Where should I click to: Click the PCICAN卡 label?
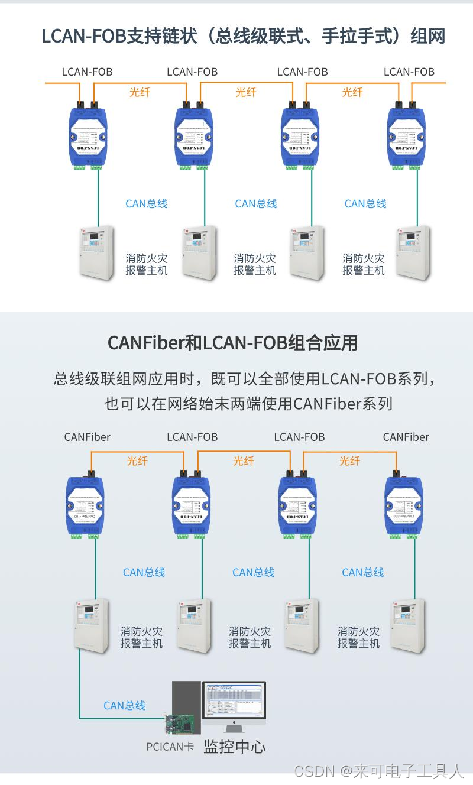pos(170,747)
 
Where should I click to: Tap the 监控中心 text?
pos(235,746)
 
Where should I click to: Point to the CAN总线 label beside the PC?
pos(124,705)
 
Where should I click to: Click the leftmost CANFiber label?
pos(87,437)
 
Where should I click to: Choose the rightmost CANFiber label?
pos(406,437)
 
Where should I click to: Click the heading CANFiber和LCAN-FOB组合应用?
pos(233,342)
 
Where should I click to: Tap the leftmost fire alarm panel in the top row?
pos(97,251)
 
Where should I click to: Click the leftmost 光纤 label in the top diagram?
pos(140,92)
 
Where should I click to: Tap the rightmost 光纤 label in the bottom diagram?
pos(349,460)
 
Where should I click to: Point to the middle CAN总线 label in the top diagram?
pos(256,203)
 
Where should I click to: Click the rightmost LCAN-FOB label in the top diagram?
pos(409,72)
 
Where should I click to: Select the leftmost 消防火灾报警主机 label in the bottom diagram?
pos(141,637)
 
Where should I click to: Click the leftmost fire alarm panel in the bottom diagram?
pos(92,625)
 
